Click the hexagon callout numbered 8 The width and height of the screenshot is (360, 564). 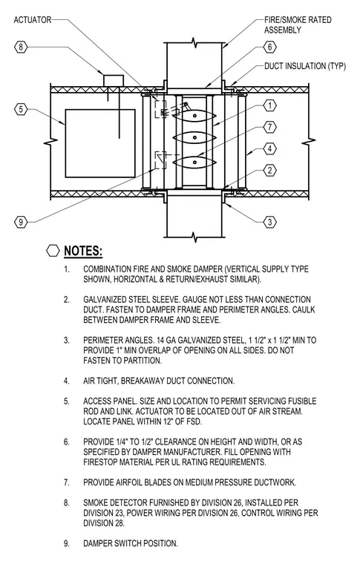(21, 47)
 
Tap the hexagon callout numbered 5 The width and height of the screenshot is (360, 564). (21, 109)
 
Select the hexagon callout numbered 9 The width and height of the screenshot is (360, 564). (21, 222)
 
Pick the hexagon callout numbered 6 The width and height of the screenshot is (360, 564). (269, 47)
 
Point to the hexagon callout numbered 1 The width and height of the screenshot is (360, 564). (269, 105)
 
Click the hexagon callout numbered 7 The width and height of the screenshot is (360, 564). (269, 127)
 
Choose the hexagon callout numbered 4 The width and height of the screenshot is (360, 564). (269, 148)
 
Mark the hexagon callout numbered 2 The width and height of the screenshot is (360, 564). (269, 170)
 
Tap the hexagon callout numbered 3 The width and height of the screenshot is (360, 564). (269, 222)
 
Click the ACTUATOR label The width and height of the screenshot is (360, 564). (33, 20)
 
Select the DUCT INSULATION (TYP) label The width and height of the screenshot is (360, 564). (305, 66)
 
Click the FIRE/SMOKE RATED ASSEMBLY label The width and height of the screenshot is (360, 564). (298, 24)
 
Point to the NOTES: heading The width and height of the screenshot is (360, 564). (83, 251)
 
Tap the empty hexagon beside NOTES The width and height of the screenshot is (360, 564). (53, 251)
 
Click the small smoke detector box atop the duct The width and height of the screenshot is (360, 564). (114, 81)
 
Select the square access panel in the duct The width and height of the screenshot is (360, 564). (100, 143)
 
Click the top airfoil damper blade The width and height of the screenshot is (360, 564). (194, 116)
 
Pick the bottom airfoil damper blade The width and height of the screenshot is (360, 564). (194, 163)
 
